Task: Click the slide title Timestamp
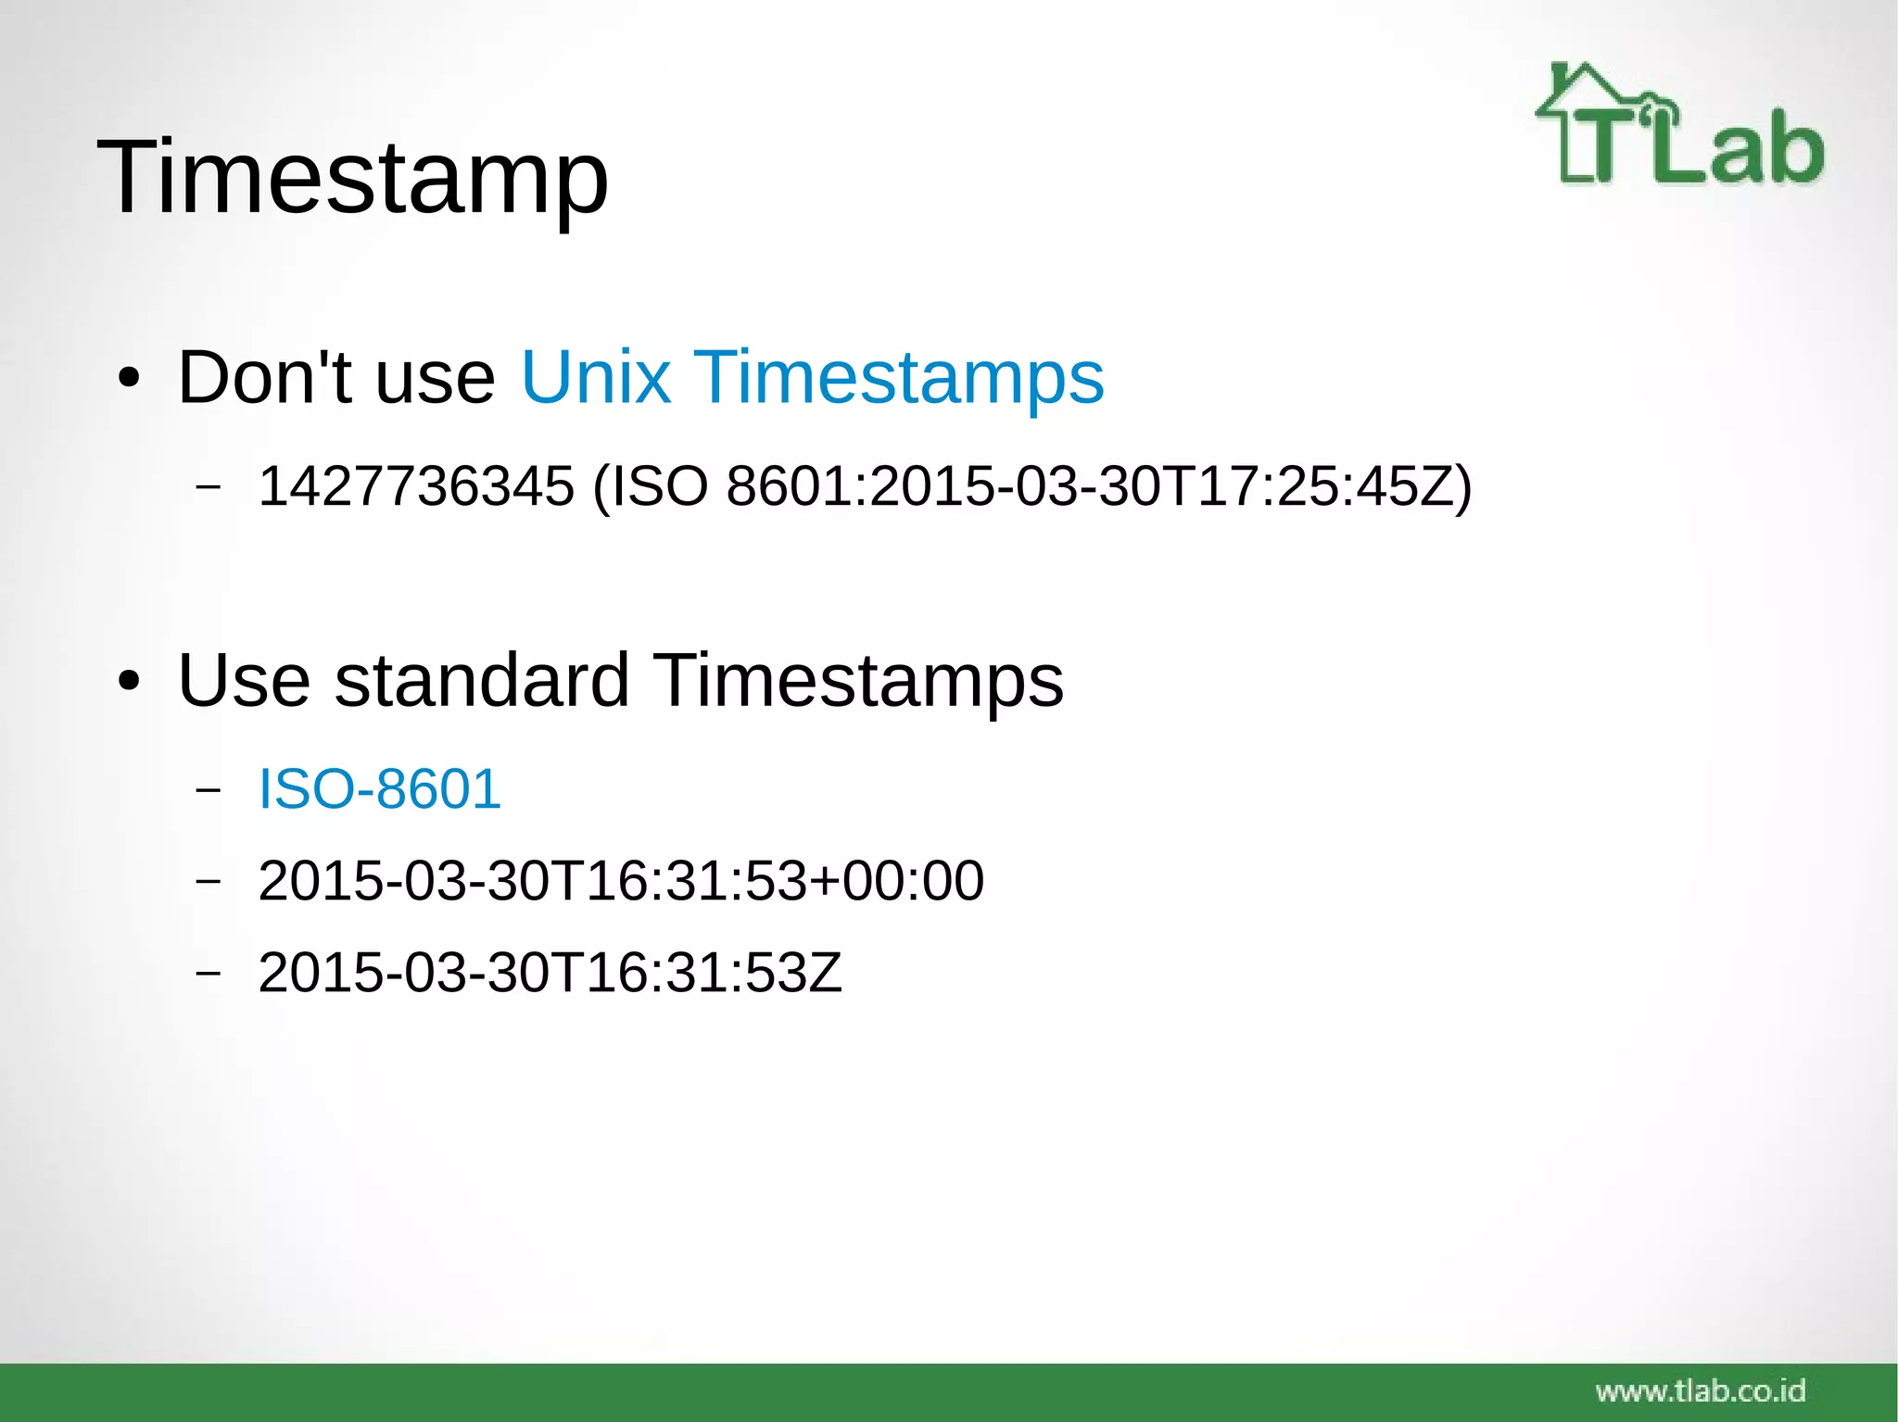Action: (x=352, y=178)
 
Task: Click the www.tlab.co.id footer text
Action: (x=1700, y=1391)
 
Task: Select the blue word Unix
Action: (x=595, y=378)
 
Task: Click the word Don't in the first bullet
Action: (x=265, y=378)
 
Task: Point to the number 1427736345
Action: (x=416, y=486)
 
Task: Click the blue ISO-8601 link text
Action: (x=379, y=789)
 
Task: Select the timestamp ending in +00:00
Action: (x=620, y=880)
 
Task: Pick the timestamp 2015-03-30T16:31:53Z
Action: (x=550, y=973)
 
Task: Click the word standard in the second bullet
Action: (x=482, y=681)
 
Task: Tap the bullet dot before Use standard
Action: (x=129, y=683)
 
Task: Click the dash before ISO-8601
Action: (x=209, y=790)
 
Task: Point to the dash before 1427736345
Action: (x=209, y=487)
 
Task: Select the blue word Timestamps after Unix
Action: (x=898, y=378)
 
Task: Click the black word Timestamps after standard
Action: (x=859, y=681)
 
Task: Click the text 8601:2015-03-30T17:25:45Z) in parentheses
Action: (x=1098, y=486)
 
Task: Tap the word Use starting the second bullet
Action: (x=243, y=681)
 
